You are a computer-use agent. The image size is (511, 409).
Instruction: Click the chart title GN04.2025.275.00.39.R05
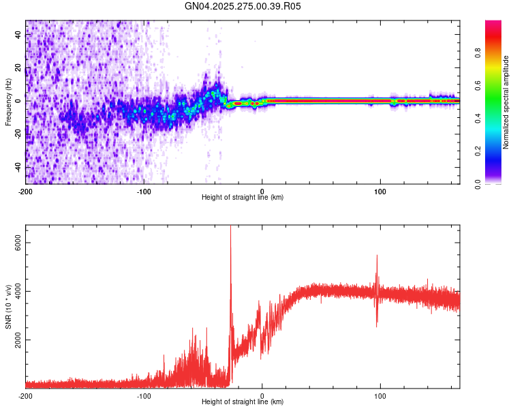[243, 6]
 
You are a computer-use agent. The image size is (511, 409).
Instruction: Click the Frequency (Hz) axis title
[8, 102]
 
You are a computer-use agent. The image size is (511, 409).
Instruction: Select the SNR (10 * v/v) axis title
[8, 307]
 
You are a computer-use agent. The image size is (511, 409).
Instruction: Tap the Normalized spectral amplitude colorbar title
[506, 102]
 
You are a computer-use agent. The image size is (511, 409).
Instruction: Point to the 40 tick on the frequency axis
[18, 35]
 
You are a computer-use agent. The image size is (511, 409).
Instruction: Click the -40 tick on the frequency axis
[18, 168]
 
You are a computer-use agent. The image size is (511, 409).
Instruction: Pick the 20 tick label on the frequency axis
[18, 68]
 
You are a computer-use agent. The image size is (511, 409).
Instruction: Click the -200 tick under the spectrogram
[26, 190]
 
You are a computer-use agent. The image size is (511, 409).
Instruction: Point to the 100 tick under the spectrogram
[380, 190]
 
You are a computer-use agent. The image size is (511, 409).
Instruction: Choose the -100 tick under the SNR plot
[144, 395]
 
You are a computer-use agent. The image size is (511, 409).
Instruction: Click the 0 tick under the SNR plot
[262, 395]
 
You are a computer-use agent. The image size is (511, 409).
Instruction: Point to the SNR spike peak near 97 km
[377, 256]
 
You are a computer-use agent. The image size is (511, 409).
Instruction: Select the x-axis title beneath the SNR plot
[243, 402]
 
